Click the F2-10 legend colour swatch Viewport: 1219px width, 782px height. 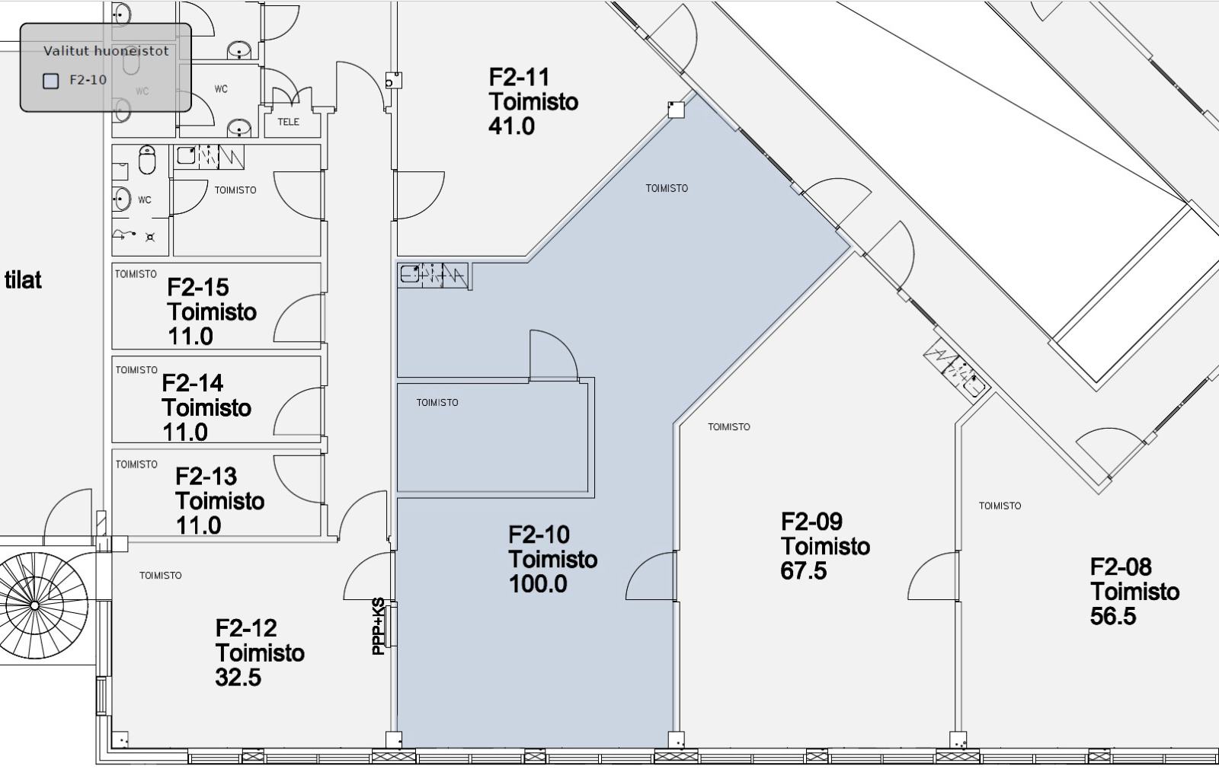click(x=50, y=81)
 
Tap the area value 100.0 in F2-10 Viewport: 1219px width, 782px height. click(x=538, y=584)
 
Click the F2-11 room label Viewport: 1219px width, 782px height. click(x=519, y=77)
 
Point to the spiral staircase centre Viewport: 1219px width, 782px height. click(x=34, y=605)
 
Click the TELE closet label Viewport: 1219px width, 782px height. click(x=289, y=122)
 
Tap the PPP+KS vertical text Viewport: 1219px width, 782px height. click(x=378, y=627)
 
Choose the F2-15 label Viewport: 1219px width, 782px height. click(x=198, y=287)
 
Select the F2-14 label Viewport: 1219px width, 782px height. click(x=193, y=383)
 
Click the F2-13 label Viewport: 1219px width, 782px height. click(x=206, y=477)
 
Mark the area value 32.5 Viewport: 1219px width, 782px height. click(x=238, y=678)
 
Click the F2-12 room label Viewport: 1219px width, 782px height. click(x=246, y=628)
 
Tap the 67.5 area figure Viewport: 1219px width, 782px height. click(x=804, y=571)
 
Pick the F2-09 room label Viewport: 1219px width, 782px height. click(x=812, y=522)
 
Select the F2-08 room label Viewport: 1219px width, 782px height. click(x=1121, y=567)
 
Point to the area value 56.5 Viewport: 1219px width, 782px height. click(x=1113, y=617)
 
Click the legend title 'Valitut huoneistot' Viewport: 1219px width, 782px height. click(x=106, y=51)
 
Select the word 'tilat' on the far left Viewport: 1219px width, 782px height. click(x=23, y=280)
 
